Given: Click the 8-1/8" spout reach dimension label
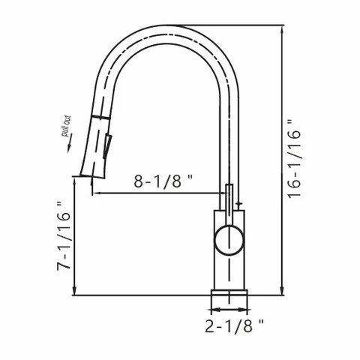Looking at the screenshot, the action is point(163,181).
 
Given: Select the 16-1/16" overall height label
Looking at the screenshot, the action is point(294,160).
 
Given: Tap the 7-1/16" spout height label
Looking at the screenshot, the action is point(64,235).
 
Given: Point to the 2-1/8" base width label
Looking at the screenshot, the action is point(234,325).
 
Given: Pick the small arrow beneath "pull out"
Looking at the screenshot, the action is point(69,142).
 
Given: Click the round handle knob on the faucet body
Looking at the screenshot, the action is point(229,239).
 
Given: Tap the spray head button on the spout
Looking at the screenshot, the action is point(107,147).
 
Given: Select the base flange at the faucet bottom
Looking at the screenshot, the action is point(229,292).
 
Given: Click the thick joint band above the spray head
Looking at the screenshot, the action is point(100,118).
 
